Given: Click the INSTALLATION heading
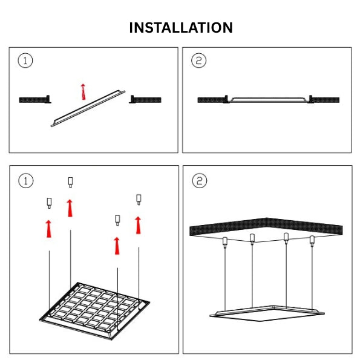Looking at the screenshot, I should [181, 28].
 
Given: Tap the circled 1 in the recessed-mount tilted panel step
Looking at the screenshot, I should [25, 60].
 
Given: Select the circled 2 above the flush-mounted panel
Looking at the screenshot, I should [198, 60].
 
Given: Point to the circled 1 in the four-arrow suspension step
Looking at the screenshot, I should [25, 180].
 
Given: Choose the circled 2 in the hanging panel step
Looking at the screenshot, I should [198, 180].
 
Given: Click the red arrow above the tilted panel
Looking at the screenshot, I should [82, 91].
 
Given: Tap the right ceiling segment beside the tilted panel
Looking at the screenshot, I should [147, 99].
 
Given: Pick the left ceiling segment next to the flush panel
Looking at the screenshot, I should [212, 100].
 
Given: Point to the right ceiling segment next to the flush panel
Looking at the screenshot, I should [325, 100].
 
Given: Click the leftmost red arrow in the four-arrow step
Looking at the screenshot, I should [48, 229].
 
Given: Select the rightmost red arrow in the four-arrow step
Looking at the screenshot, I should [139, 224].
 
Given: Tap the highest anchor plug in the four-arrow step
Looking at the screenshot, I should [70, 181].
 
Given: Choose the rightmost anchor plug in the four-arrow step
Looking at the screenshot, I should [139, 198].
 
